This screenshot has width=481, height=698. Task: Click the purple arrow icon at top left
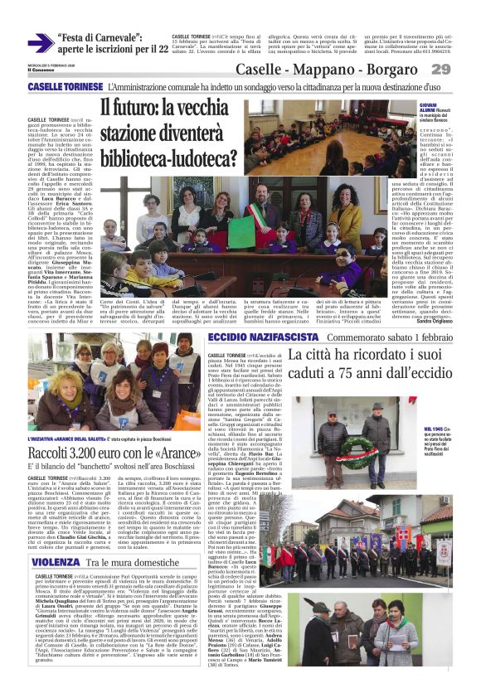tap(41, 44)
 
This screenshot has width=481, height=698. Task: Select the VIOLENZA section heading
tap(56, 562)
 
